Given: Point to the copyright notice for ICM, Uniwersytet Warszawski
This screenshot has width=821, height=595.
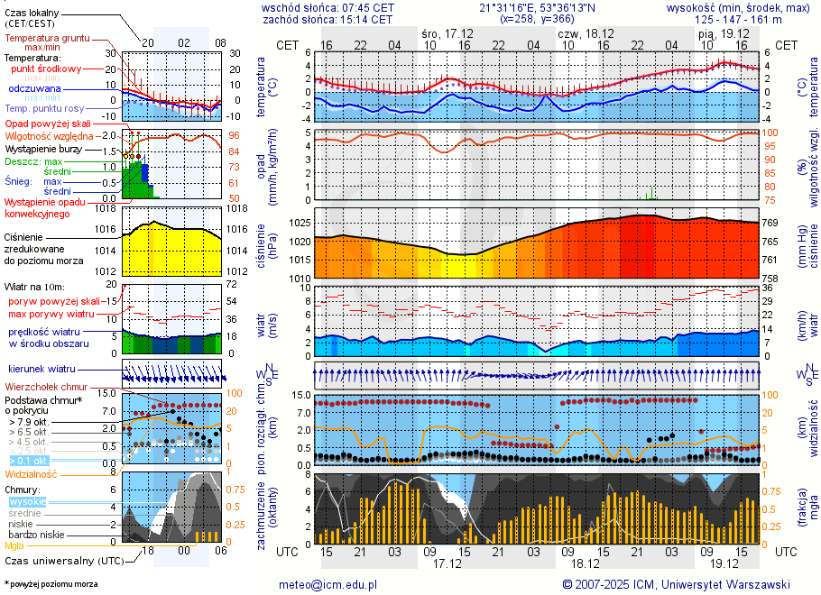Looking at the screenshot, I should coord(676,584).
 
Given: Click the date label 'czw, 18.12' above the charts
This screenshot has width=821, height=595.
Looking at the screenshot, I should coord(586,32).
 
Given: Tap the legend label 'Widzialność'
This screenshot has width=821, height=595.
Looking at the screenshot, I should coord(32,473).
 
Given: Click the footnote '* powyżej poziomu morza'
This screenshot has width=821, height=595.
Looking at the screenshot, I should coord(51,584).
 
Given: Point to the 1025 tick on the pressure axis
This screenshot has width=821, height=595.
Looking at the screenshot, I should coord(300,222).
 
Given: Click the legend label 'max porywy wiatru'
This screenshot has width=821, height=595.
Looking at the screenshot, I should coord(51,313).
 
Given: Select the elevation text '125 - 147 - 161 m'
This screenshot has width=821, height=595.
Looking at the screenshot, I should coord(743,19).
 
